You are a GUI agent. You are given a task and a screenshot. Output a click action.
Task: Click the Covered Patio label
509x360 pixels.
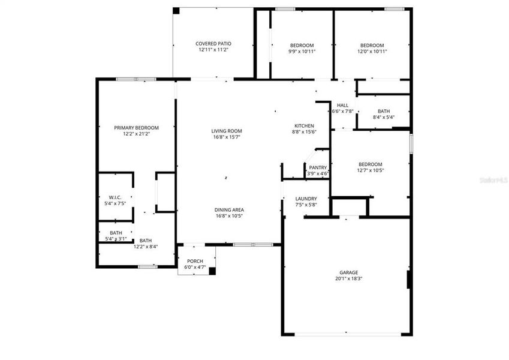click(213, 44)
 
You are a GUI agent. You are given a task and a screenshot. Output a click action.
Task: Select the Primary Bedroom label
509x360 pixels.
click(137, 128)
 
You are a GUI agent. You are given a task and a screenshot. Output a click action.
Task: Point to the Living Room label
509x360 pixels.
click(226, 131)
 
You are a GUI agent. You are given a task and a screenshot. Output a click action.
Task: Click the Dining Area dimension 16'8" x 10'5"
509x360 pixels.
click(230, 217)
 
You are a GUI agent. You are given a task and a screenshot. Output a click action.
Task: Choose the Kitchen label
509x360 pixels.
click(304, 125)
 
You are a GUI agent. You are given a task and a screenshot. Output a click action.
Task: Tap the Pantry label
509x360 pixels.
click(318, 167)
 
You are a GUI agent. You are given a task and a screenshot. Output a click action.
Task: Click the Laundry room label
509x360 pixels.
click(306, 199)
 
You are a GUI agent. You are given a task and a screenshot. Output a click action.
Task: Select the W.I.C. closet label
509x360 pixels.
click(116, 197)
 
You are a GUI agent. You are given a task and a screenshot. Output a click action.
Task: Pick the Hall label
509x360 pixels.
click(342, 105)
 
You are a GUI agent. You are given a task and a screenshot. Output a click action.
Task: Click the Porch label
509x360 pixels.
click(195, 261)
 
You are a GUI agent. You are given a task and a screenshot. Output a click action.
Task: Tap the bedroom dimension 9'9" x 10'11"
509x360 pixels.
click(302, 52)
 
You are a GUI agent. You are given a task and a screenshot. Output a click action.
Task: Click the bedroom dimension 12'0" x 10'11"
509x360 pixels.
click(372, 52)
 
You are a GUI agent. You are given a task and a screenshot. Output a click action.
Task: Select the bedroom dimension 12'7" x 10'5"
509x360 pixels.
click(371, 170)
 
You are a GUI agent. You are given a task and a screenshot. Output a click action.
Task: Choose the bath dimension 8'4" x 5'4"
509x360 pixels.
click(384, 118)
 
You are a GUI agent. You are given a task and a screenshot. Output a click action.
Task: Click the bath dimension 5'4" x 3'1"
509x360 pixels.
click(116, 239)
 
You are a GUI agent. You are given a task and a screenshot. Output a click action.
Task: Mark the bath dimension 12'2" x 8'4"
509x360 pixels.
click(146, 247)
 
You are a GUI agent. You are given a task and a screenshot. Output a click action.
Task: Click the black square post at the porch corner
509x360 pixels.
click(212, 271)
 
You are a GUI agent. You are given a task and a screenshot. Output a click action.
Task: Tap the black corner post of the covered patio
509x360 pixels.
click(176, 10)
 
